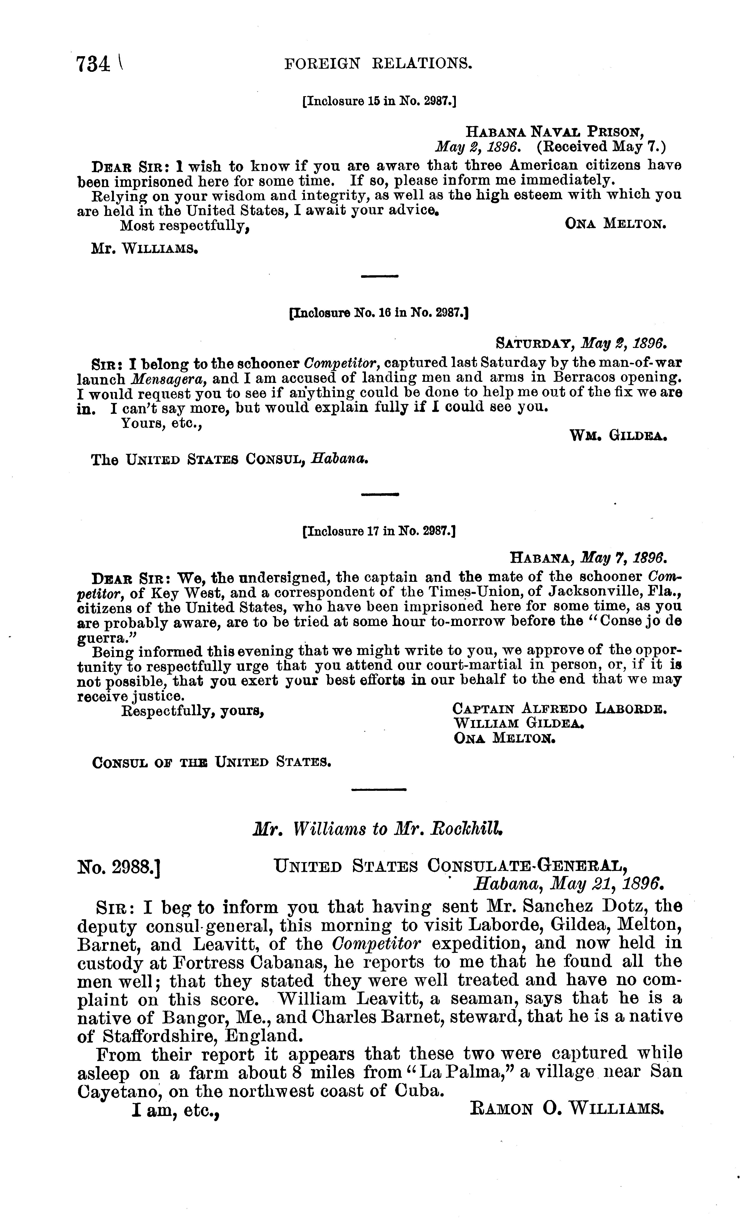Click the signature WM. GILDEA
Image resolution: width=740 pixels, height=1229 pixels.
[618, 436]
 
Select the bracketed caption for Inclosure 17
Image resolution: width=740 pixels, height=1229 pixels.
[379, 532]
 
